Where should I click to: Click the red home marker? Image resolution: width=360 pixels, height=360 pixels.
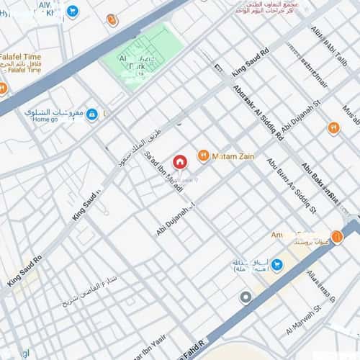click(x=180, y=161)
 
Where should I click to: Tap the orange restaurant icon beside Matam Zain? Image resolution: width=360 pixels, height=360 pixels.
click(x=203, y=156)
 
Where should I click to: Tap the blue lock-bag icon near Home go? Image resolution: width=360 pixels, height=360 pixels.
click(x=91, y=114)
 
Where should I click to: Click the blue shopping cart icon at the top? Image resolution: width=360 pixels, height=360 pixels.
click(x=72, y=11)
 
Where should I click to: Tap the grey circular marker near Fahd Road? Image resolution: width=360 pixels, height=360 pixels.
click(x=246, y=297)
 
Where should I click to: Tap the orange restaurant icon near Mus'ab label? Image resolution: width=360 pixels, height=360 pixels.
click(x=333, y=128)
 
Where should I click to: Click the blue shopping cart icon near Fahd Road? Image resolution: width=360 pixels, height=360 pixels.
click(x=277, y=265)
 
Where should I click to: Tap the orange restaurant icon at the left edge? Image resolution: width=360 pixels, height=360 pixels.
click(x=3, y=88)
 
